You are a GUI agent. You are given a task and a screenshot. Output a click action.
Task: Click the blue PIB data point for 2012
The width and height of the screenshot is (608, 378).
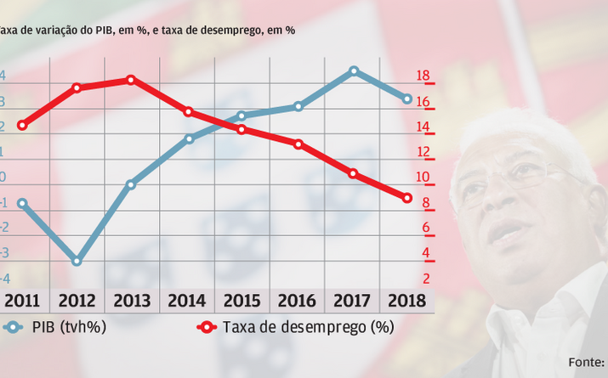pyautogui.click(x=77, y=261)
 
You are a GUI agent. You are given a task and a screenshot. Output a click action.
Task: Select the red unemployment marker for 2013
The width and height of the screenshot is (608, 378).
pyautogui.click(x=130, y=80)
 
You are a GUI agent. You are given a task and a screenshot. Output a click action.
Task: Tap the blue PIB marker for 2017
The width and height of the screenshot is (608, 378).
pyautogui.click(x=354, y=71)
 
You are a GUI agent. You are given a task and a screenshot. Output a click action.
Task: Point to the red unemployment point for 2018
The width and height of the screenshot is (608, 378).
pyautogui.click(x=406, y=198)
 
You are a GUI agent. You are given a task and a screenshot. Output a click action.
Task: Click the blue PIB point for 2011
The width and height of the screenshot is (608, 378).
pyautogui.click(x=22, y=204)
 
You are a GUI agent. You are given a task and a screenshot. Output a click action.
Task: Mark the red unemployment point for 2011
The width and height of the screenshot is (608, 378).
pyautogui.click(x=22, y=126)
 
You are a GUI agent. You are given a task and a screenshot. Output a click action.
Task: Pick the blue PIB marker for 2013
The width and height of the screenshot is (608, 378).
pyautogui.click(x=130, y=184)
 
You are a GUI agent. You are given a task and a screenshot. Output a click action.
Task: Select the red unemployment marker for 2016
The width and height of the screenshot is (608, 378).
pyautogui.click(x=298, y=144)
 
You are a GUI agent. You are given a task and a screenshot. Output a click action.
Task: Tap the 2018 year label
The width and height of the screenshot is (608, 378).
pyautogui.click(x=406, y=301)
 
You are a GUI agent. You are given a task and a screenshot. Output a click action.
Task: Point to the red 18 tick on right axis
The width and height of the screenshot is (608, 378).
pyautogui.click(x=423, y=77)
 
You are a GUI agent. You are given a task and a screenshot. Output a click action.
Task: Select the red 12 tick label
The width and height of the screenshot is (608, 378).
pyautogui.click(x=423, y=153)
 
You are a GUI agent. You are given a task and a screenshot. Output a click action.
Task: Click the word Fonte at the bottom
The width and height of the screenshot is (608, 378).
pyautogui.click(x=587, y=362)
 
